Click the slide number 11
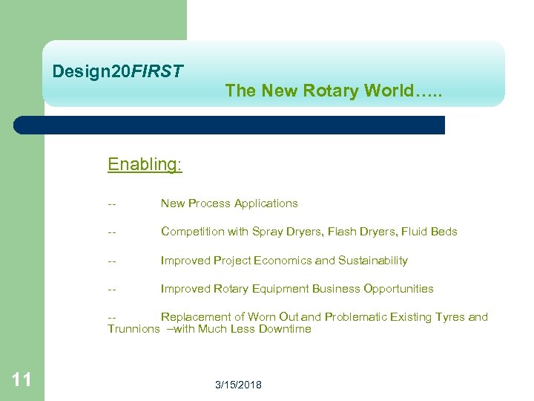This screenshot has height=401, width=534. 22,380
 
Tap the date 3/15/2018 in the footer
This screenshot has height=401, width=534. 238,385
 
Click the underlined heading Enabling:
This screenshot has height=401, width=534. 145,164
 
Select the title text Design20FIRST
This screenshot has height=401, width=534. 118,72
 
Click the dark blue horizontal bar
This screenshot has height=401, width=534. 230,125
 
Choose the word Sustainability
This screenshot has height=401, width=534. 373,261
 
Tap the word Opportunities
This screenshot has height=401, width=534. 398,289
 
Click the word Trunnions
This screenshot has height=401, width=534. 133,329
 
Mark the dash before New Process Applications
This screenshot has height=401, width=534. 111,203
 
